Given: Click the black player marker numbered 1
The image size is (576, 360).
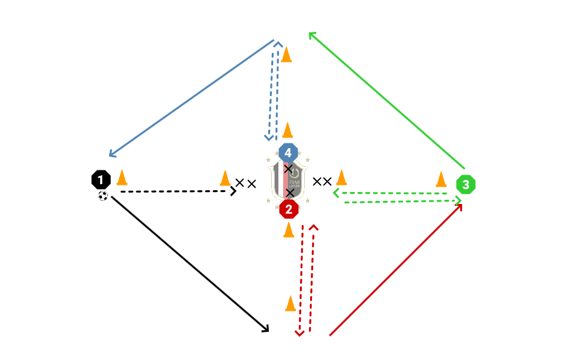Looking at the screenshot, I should [101, 179].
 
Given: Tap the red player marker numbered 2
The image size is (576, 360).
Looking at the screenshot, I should [289, 209].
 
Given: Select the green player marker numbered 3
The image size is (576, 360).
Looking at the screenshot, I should [466, 185].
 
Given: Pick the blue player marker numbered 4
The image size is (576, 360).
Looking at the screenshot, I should [288, 152].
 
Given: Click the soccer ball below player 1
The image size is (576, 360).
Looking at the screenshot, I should [103, 196].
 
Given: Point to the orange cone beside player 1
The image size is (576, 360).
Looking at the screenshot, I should [122, 178].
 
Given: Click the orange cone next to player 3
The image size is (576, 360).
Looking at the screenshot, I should [441, 179].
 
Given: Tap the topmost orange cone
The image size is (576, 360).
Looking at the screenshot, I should [287, 54].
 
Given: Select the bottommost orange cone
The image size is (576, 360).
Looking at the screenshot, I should [290, 304].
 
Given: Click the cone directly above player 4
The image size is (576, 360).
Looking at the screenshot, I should [287, 130].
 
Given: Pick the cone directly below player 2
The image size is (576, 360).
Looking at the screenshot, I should [288, 229].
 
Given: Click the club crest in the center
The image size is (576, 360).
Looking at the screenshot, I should [288, 180].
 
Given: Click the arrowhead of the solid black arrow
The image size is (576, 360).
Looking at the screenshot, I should [266, 330].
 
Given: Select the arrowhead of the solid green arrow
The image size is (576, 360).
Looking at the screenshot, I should [310, 34].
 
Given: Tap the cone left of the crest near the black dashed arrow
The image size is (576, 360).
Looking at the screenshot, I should [225, 178].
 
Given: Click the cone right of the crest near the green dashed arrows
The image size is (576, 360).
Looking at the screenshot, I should [341, 178].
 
